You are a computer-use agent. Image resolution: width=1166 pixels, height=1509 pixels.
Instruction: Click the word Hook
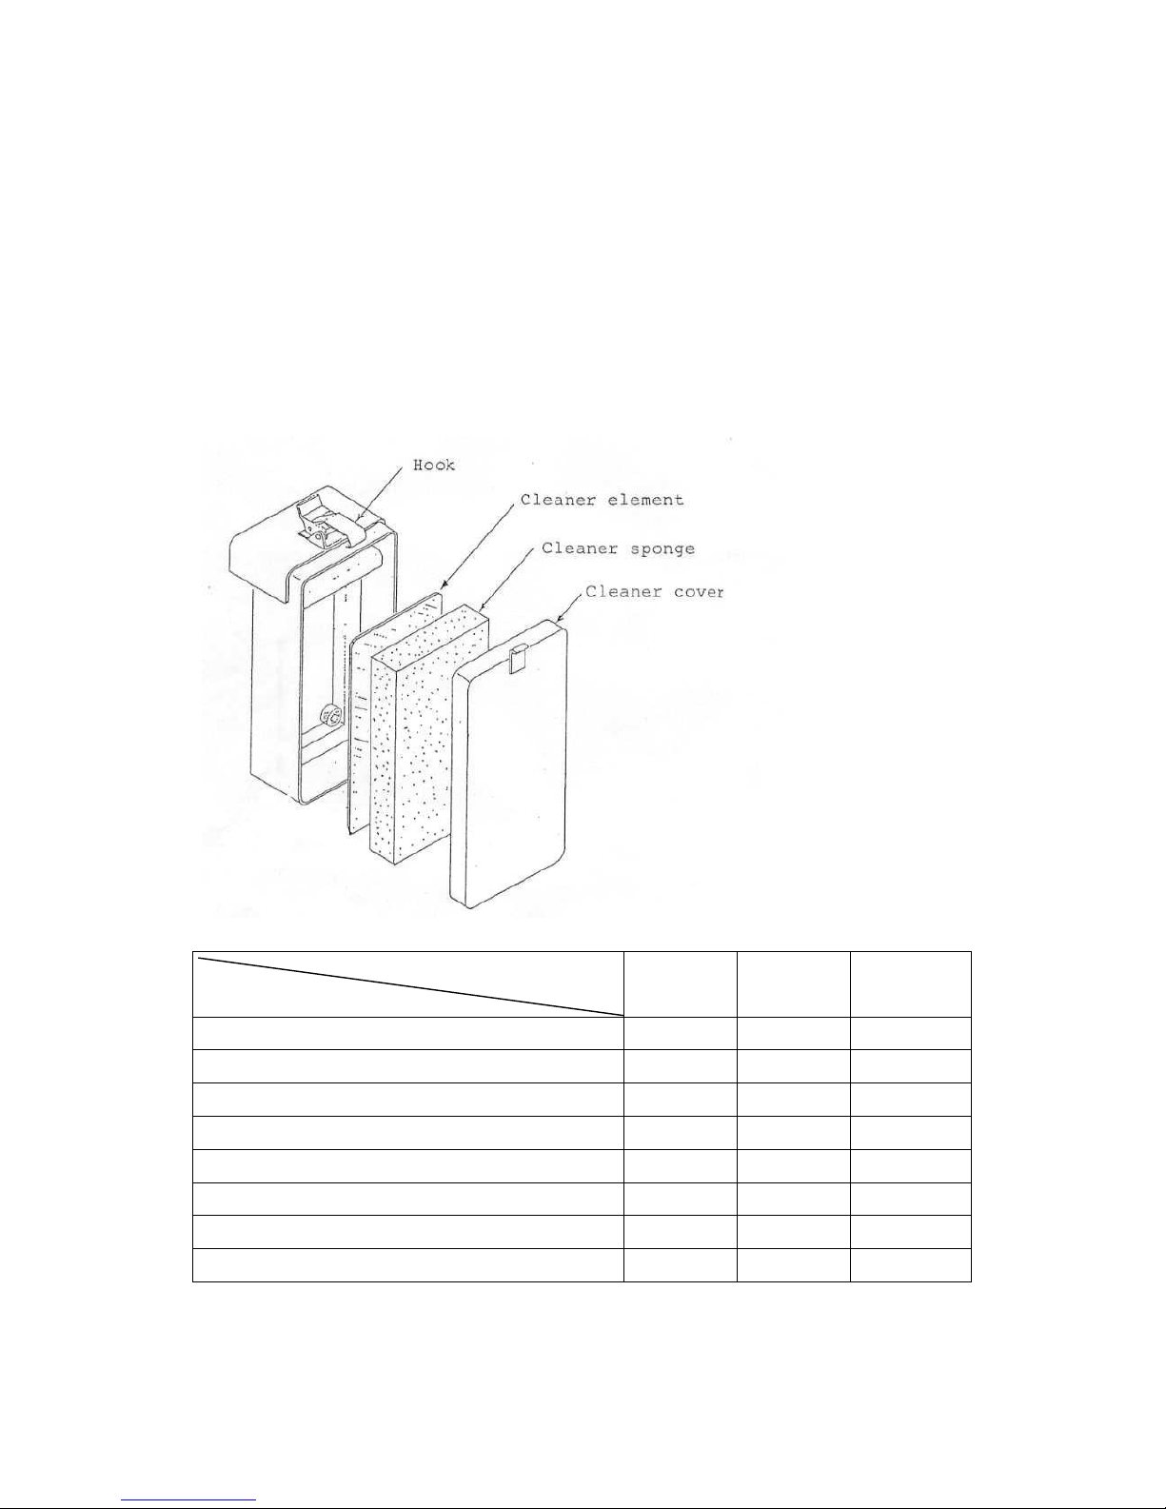tap(433, 466)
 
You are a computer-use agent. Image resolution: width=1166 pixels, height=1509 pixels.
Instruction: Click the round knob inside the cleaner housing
tap(330, 716)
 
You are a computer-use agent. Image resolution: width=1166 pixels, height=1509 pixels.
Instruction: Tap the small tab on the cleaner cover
tap(519, 657)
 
